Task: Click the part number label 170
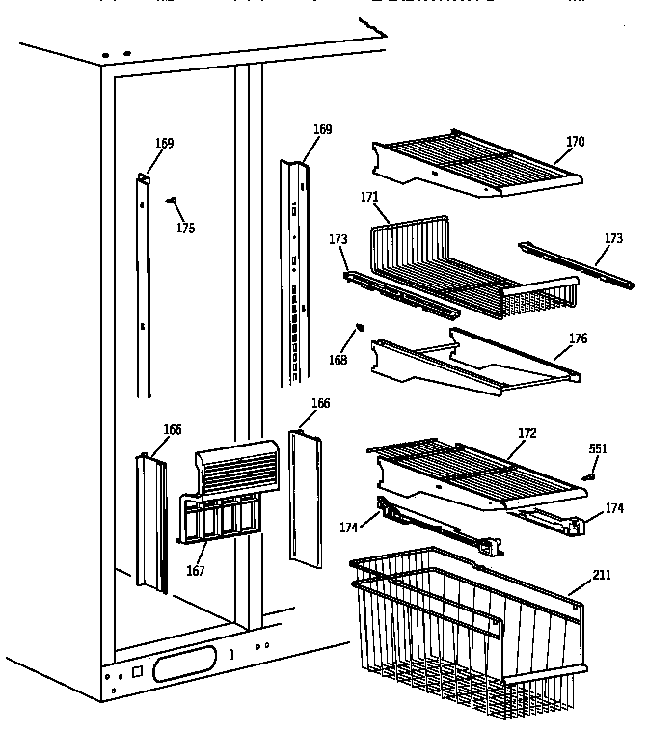tap(575, 142)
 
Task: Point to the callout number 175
tap(185, 229)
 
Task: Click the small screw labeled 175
tap(173, 200)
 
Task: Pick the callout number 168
tap(338, 361)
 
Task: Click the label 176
tap(578, 339)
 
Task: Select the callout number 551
tap(598, 448)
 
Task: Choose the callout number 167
tap(196, 571)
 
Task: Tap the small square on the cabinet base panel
tap(135, 670)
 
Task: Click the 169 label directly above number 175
tap(165, 144)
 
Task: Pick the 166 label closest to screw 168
tap(320, 404)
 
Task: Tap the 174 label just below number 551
tap(613, 507)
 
